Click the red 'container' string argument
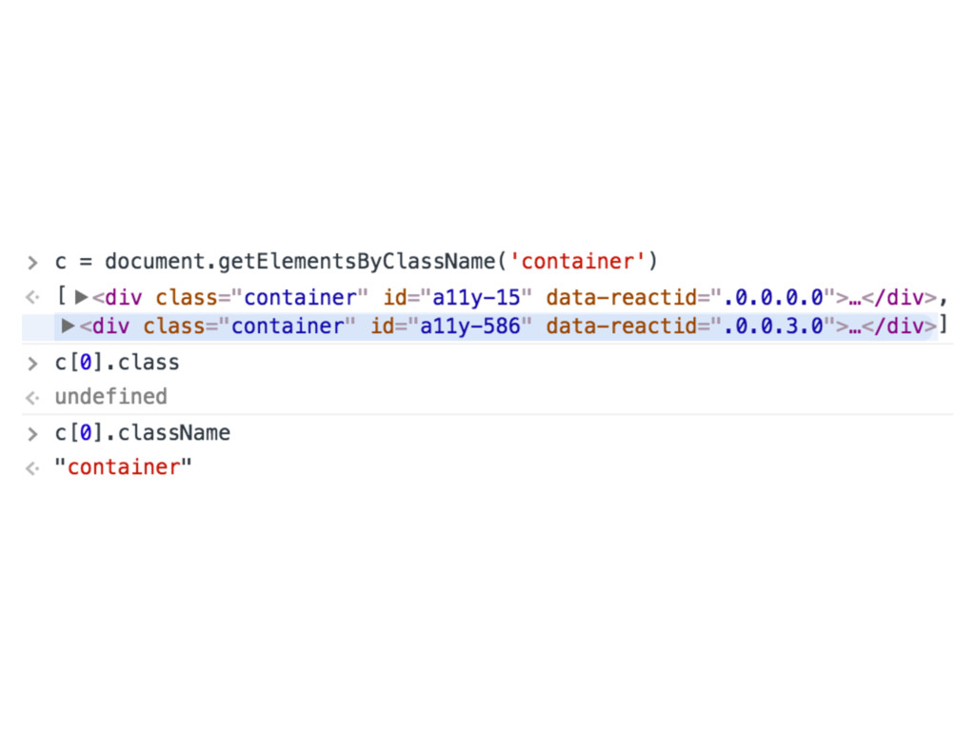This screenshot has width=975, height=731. pos(580,261)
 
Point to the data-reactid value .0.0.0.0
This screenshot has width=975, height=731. pos(773,297)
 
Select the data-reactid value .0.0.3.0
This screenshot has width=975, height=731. pos(773,326)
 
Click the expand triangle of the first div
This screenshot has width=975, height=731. pos(81,297)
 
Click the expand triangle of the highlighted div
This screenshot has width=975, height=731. pos(68,326)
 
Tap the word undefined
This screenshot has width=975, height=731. pos(110,396)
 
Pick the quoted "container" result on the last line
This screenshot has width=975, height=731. pos(123,467)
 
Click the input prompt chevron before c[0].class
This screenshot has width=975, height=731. pos(32,363)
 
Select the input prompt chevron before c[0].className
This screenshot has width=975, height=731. pos(32,433)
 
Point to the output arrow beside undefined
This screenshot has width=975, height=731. pos(32,397)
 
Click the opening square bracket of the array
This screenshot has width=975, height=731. pos(60,297)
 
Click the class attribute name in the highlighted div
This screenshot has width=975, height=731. pos(175,326)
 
